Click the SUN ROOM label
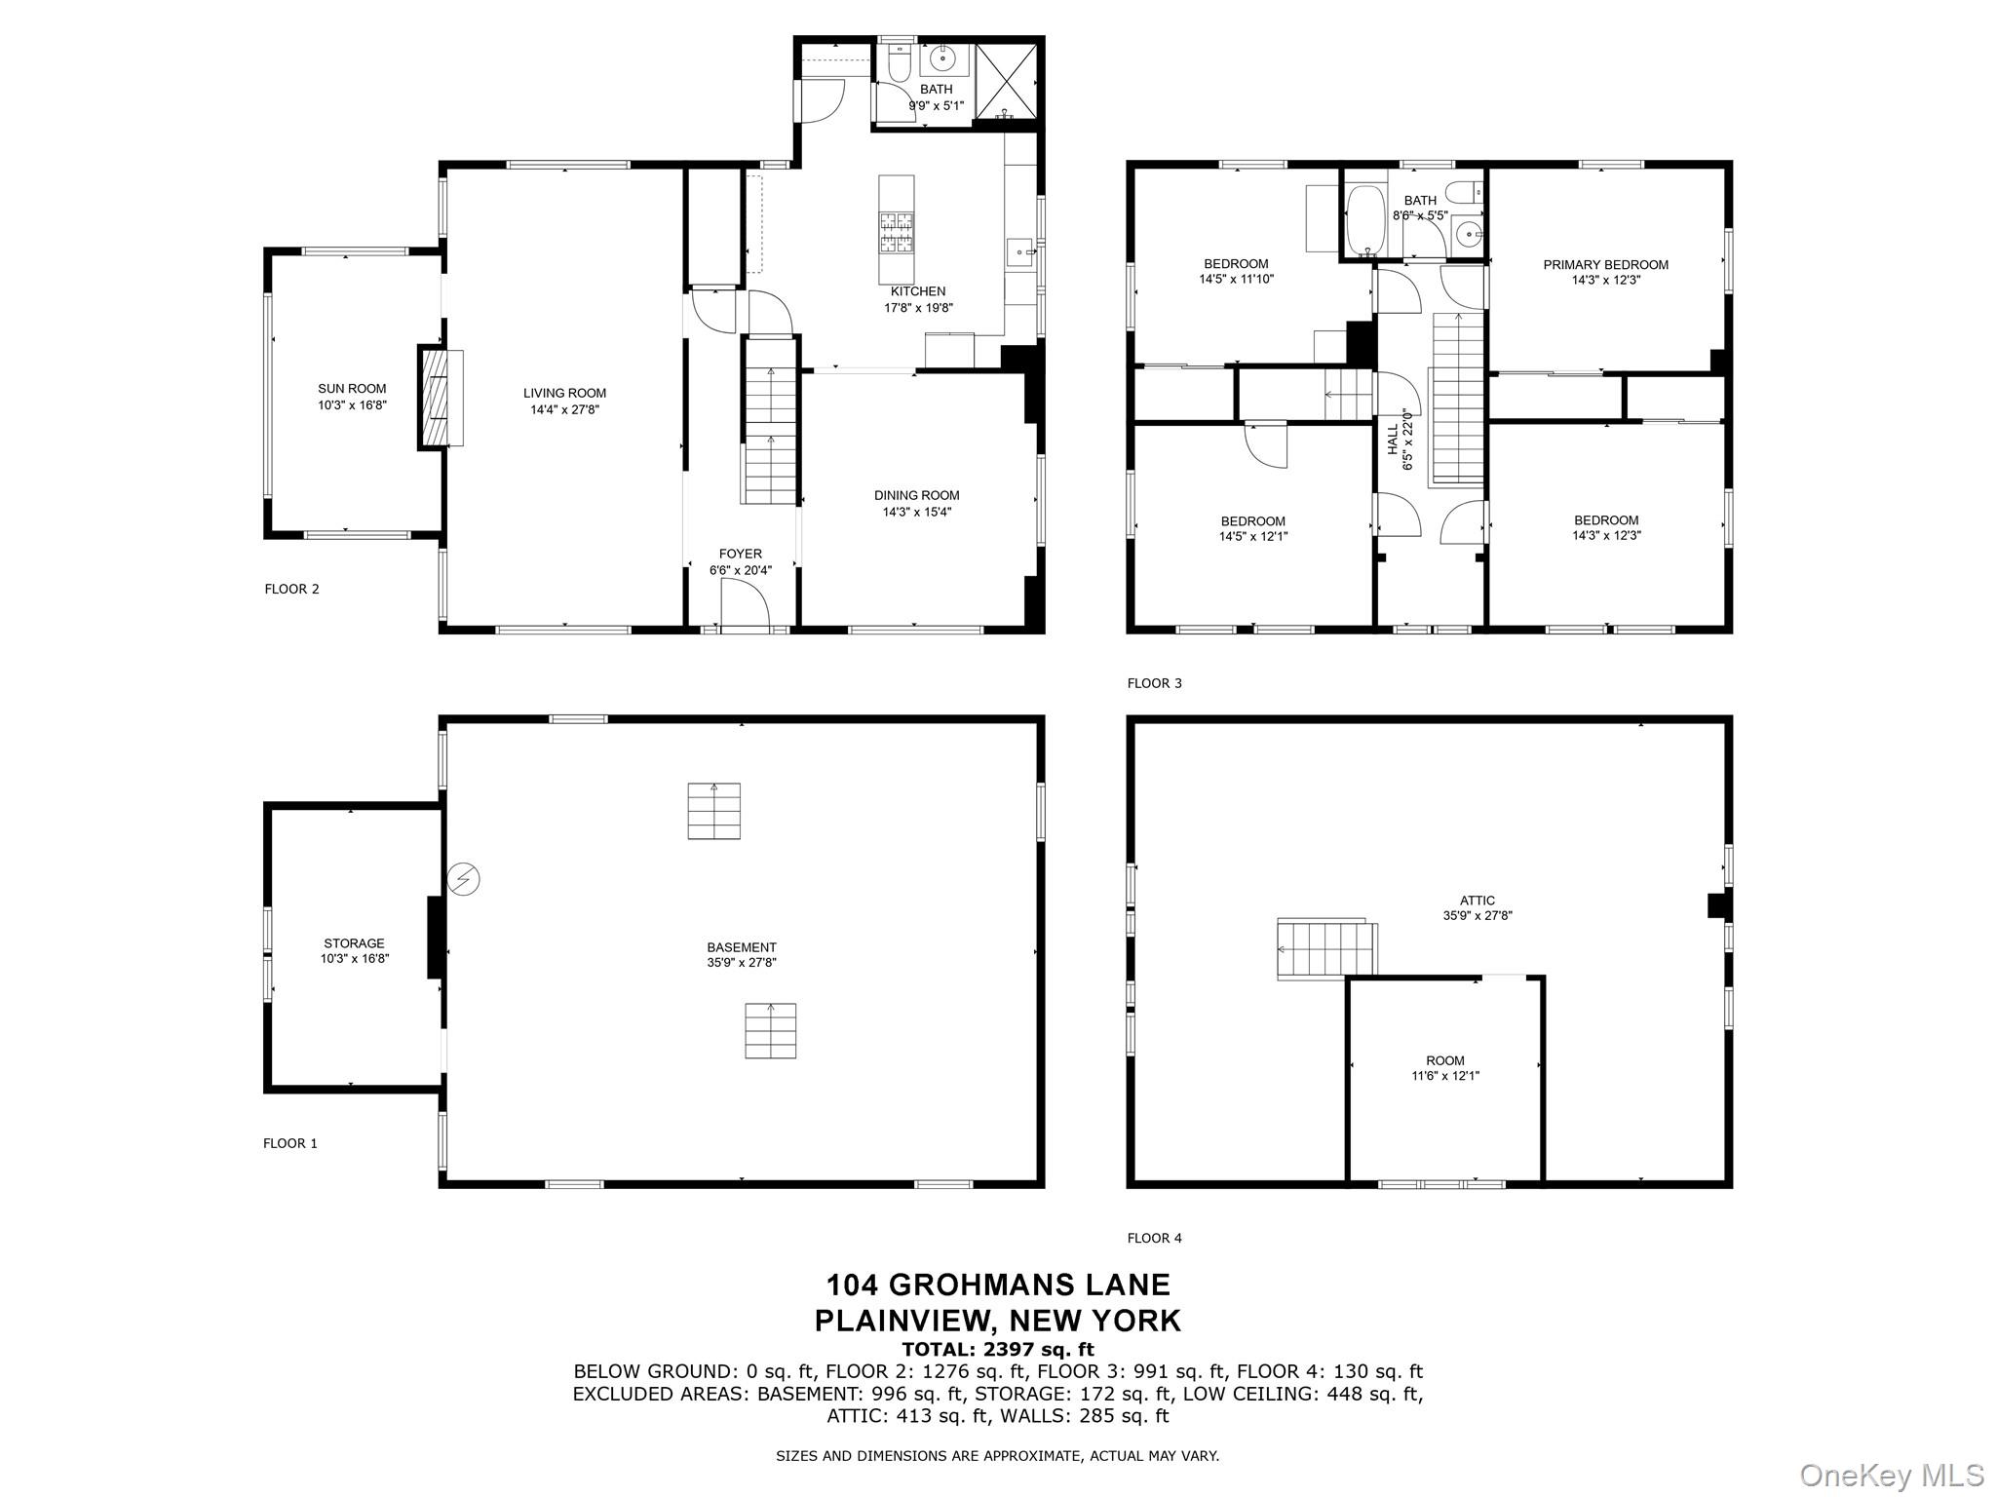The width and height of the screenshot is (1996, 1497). pyautogui.click(x=352, y=389)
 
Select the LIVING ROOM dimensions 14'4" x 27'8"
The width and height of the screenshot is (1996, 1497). pyautogui.click(x=564, y=410)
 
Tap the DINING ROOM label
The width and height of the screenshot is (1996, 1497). pyautogui.click(x=916, y=496)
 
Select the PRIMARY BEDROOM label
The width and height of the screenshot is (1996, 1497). pyautogui.click(x=1605, y=265)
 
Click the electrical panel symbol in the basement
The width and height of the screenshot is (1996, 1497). pyautogui.click(x=465, y=880)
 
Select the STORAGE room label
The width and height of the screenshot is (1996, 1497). pyautogui.click(x=354, y=943)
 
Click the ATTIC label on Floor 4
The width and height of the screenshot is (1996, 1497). pyautogui.click(x=1478, y=901)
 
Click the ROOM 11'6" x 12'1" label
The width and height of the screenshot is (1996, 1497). pyautogui.click(x=1445, y=1068)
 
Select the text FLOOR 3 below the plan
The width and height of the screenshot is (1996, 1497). pyautogui.click(x=1154, y=683)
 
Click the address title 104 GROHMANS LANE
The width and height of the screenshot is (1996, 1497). pyautogui.click(x=998, y=1285)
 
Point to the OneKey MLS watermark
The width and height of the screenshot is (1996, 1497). pyautogui.click(x=1892, y=1475)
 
